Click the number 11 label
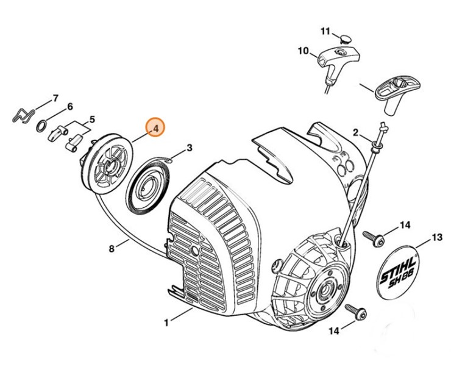[325, 31]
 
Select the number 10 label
[303, 51]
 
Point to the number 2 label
[355, 132]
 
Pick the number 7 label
[55, 98]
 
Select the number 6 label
[70, 106]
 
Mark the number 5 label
[92, 119]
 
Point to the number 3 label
[190, 147]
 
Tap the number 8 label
[111, 248]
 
